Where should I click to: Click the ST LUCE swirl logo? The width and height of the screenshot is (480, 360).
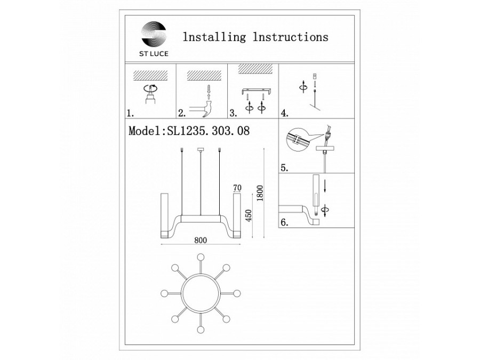(x=154, y=34)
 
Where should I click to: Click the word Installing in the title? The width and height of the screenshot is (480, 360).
(x=214, y=37)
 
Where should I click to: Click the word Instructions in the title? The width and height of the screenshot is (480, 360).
(x=291, y=37)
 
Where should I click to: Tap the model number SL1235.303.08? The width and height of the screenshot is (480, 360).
(x=208, y=131)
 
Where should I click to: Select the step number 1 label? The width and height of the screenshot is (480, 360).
(x=130, y=114)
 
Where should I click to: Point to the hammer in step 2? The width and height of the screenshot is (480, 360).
(x=202, y=109)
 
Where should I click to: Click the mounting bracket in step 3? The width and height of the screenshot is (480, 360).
(x=256, y=91)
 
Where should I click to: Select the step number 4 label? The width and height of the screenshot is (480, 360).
(x=285, y=114)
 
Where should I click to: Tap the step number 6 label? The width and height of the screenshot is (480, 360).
(x=285, y=222)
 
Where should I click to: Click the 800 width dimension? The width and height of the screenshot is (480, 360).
(x=201, y=240)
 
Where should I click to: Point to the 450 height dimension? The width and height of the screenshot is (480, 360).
(x=248, y=216)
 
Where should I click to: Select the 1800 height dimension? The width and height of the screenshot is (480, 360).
(x=260, y=193)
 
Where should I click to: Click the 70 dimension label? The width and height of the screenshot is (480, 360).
(x=237, y=188)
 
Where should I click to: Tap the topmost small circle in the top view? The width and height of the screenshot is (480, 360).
(x=201, y=257)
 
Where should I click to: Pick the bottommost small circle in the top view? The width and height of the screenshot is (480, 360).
(x=201, y=330)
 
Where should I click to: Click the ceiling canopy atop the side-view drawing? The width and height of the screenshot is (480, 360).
(x=201, y=149)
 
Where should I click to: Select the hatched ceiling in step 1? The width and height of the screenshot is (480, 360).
(x=150, y=75)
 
